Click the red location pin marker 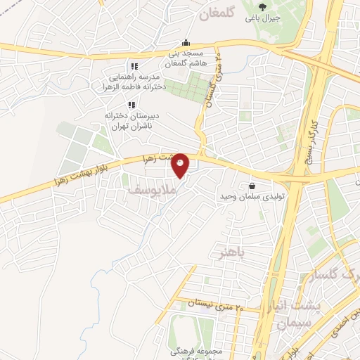181,165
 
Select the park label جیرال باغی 262,19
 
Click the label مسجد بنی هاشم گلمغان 184,59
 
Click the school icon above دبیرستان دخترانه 131,105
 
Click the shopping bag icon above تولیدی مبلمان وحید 251,187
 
